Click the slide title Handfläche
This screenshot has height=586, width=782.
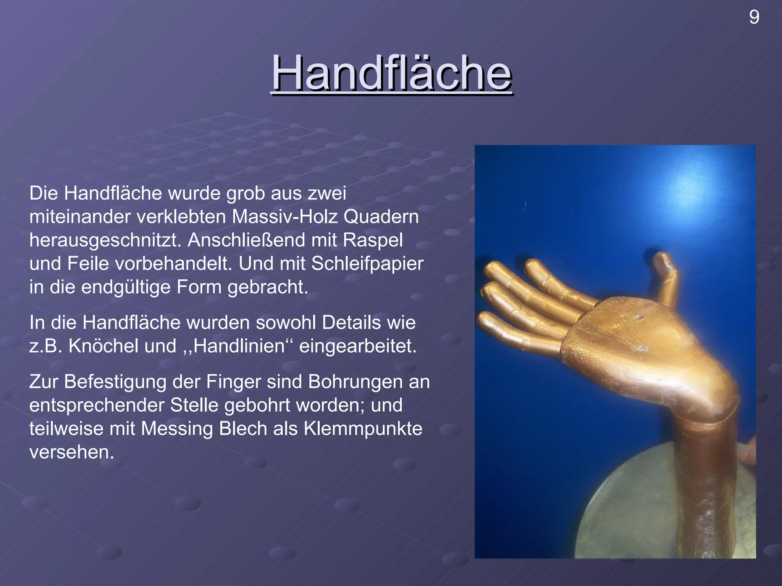(x=391, y=72)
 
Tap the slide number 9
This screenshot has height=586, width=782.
(x=754, y=17)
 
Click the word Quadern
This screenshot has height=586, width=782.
(x=381, y=217)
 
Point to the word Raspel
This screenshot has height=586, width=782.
(x=373, y=240)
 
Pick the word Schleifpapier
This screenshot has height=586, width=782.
(x=367, y=263)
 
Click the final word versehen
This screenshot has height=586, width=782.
(x=71, y=452)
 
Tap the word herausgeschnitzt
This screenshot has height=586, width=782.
(x=105, y=240)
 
